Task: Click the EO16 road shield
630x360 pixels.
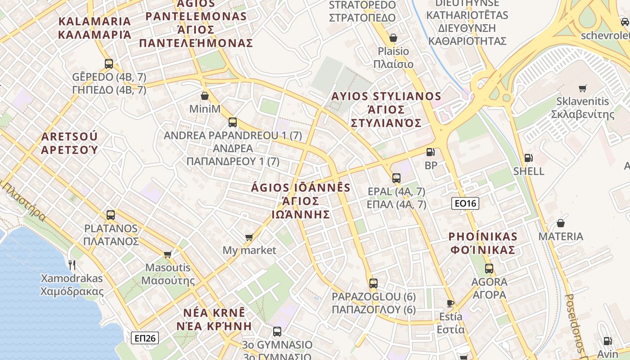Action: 465,203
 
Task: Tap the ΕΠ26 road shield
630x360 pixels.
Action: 145,338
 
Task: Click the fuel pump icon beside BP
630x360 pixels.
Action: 431,152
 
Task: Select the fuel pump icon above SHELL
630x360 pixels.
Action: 528,158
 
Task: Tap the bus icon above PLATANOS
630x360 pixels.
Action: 111,215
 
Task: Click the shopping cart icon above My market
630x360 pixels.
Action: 249,237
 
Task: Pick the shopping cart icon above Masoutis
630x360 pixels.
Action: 168,255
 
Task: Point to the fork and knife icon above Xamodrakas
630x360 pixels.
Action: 72,264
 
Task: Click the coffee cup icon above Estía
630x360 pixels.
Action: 450,303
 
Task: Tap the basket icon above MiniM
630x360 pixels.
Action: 205,96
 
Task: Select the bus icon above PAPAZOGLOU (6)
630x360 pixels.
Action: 373,283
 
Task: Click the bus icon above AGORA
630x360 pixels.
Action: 489,269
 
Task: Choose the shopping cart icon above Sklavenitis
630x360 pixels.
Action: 583,88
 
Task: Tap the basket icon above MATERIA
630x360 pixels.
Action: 561,223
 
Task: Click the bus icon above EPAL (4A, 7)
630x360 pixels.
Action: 396,178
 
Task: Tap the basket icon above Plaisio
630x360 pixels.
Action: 393,38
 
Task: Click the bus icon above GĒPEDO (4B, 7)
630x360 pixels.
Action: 109,64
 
